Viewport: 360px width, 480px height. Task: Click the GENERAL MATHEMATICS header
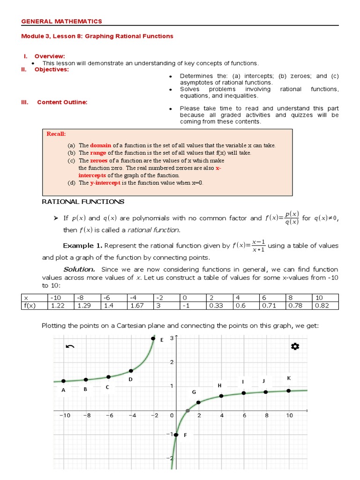tap(62, 21)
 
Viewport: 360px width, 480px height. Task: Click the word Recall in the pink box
tap(56, 134)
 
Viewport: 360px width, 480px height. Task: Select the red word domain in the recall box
tap(100, 145)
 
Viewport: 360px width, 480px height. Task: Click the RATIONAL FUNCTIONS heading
tap(83, 202)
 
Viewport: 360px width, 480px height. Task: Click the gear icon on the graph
tap(295, 346)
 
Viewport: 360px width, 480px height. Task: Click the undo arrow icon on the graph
tap(70, 346)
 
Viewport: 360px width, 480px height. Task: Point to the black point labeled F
tap(176, 435)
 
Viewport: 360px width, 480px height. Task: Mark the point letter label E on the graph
tap(162, 340)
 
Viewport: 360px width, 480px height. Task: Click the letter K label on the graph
tap(289, 378)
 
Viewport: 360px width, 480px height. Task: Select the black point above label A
tap(63, 381)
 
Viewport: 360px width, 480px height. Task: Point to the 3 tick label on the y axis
tap(172, 338)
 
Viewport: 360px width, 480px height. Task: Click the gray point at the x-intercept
tap(187, 411)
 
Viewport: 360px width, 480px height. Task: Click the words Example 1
tap(82, 246)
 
